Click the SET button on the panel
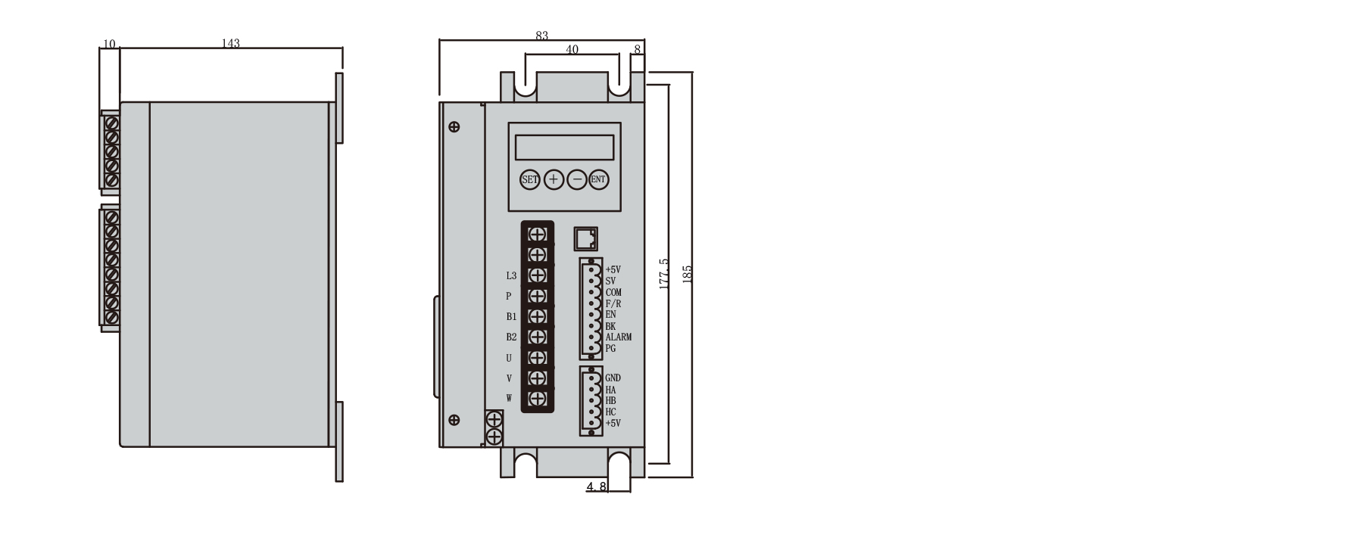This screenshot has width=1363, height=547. coord(529,179)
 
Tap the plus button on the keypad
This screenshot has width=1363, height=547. coord(554,179)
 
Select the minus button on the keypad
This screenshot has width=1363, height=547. coord(577,179)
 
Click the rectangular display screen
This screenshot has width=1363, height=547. coord(565,146)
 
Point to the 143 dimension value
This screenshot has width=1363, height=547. coord(230,44)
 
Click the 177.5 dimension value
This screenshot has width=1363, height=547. coord(664,274)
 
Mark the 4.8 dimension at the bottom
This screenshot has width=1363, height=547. coord(597,486)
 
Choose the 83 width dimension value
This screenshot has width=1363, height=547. coord(541,36)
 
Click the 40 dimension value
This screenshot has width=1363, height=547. coord(572,50)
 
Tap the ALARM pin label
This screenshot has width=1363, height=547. coord(619,337)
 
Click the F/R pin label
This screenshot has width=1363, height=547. coord(613,303)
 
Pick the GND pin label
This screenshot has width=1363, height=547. coord(613,378)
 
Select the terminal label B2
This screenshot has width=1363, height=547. coord(511,337)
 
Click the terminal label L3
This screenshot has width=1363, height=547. coord(511,275)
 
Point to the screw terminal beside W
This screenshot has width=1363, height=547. coord(538,399)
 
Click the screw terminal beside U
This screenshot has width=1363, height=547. coord(538,357)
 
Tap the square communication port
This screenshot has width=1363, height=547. coord(585,238)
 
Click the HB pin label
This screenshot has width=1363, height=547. coord(611,401)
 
